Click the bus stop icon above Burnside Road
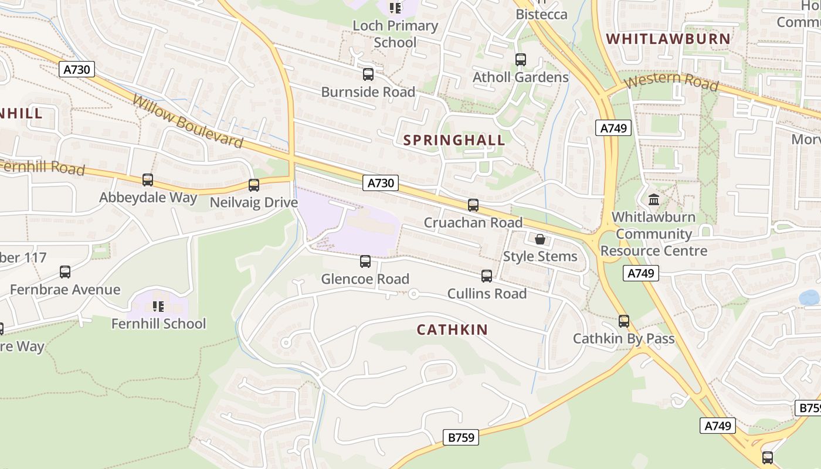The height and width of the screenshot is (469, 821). (368, 74)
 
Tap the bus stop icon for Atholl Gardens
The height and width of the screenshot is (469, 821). (520, 60)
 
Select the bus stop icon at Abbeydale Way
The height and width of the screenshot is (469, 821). (148, 180)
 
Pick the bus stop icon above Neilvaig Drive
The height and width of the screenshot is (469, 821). (254, 185)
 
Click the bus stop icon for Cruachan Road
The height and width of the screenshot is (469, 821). (473, 205)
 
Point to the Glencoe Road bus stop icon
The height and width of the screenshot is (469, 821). (365, 261)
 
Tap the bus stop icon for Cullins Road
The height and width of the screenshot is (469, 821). (487, 276)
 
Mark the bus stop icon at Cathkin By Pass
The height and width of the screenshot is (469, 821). (624, 321)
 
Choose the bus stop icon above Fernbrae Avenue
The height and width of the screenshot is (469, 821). (65, 272)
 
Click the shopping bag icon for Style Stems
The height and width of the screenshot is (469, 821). (540, 239)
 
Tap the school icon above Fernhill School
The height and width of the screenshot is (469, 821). (158, 306)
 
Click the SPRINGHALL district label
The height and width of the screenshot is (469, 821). (454, 140)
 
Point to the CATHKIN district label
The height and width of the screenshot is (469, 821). (452, 329)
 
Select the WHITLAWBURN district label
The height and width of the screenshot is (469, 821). (668, 39)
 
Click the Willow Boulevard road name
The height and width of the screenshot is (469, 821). (187, 121)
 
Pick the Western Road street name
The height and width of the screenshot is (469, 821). (671, 81)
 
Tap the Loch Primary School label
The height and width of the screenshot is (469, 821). (395, 34)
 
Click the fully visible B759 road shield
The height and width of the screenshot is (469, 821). (460, 437)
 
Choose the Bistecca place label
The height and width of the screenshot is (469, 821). (541, 14)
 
